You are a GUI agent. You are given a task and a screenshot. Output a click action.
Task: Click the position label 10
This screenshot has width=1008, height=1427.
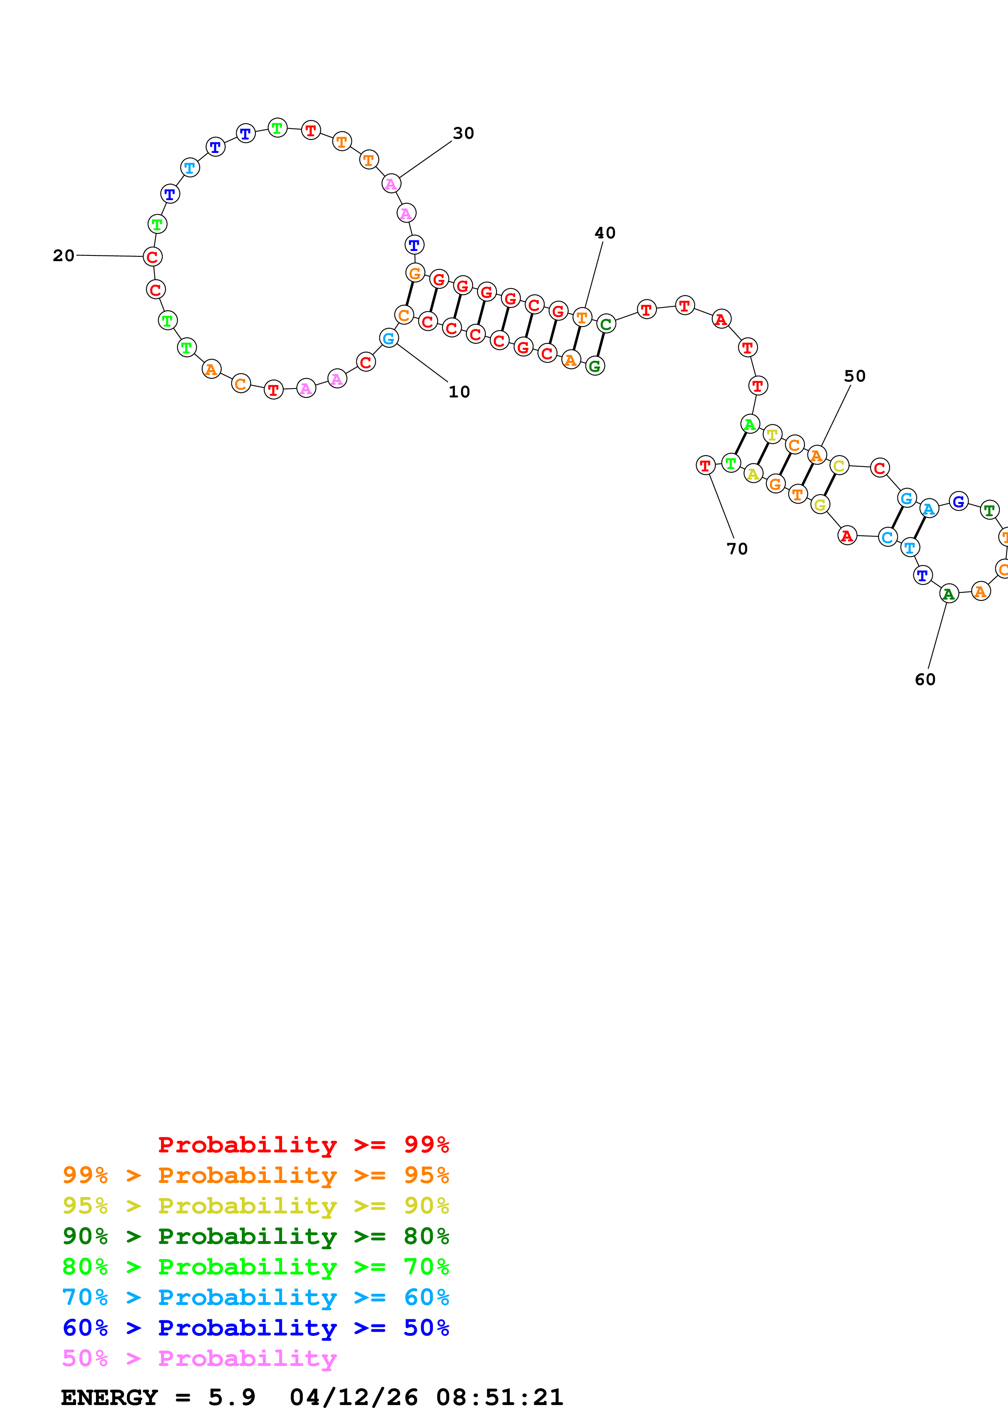459,392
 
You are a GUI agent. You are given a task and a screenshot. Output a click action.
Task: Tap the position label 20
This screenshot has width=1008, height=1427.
63,255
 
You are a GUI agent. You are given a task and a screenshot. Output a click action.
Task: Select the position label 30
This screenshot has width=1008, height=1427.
463,133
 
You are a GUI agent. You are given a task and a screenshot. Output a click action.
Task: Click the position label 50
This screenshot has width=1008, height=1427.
855,376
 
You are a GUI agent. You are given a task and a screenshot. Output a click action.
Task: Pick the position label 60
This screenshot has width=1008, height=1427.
925,679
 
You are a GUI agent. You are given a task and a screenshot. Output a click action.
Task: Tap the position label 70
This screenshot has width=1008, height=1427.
737,549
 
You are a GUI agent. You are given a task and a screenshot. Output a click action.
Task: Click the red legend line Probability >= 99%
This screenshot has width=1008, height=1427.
303,1145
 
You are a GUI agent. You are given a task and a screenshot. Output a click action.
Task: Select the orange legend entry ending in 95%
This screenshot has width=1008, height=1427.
255,1175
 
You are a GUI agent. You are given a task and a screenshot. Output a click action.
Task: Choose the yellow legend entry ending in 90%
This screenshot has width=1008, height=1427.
255,1206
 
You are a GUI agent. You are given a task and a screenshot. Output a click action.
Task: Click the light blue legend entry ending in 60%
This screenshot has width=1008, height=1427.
255,1297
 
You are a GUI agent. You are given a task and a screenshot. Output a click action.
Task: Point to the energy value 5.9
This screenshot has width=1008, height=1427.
232,1397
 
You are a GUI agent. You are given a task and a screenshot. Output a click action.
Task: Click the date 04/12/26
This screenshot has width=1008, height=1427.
353,1397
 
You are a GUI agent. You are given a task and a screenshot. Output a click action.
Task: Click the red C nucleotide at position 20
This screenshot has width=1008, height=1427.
153,257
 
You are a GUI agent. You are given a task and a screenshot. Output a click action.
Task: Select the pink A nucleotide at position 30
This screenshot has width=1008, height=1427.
391,184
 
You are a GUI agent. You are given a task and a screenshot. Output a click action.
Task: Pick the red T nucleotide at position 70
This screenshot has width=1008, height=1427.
705,465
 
